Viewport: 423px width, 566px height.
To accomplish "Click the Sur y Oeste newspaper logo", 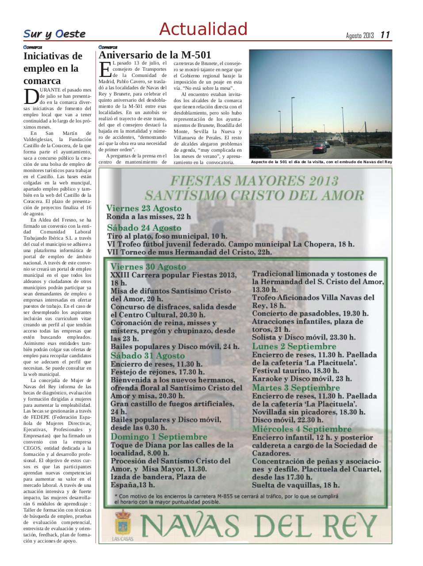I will [54, 34].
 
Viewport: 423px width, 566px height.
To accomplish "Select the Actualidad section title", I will [203, 29].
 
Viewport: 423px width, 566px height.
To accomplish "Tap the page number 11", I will [385, 35].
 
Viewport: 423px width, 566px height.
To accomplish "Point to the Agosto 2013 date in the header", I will [360, 35].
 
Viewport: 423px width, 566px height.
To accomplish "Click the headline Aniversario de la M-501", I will [155, 55].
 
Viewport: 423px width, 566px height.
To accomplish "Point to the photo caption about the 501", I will [321, 162].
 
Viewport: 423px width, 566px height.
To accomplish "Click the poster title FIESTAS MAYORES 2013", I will [254, 181].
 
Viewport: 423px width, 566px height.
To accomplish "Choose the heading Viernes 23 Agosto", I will [144, 208].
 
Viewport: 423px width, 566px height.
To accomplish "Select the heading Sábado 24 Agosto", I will [144, 228].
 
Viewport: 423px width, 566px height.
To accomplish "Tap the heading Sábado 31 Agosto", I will [148, 356].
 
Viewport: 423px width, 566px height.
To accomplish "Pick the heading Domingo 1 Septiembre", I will [159, 436].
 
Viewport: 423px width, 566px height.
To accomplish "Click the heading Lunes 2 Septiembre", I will [294, 346].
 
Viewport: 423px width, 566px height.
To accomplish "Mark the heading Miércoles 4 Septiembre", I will [302, 429].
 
